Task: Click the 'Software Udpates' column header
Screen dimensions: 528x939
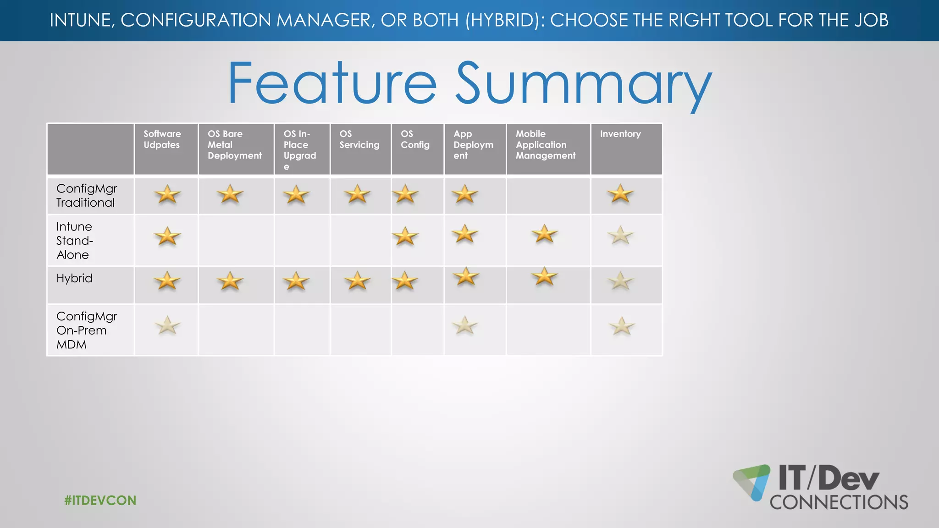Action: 162,139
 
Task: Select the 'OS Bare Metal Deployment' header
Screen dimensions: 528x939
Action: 234,145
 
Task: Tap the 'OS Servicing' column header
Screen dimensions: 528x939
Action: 359,139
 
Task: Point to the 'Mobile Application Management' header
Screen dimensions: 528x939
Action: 545,145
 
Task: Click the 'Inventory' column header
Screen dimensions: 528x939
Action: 620,134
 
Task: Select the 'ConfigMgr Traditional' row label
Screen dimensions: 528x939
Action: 86,196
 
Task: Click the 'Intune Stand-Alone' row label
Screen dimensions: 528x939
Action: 74,241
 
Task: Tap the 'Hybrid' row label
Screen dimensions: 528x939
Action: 74,278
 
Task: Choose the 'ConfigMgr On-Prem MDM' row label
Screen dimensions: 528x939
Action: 86,330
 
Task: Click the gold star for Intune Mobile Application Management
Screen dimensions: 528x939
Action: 544,234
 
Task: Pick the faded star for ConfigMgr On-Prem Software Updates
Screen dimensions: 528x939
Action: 167,325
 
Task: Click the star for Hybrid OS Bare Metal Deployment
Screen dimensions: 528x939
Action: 230,280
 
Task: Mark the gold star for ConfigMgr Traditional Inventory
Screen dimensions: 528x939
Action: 620,194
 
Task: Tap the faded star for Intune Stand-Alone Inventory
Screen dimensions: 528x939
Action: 620,236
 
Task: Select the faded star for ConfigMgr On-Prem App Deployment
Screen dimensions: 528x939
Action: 464,325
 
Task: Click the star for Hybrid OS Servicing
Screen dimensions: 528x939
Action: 357,280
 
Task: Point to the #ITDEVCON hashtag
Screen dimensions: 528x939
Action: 100,500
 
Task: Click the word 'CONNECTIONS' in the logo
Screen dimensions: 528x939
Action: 839,502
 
